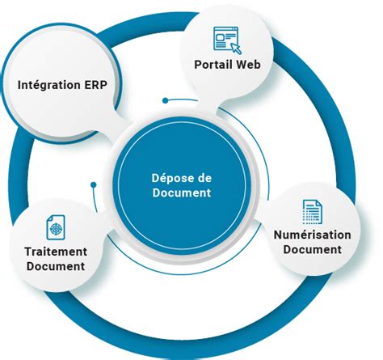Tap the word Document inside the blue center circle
click(x=182, y=193)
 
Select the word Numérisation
click(x=311, y=235)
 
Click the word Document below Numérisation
click(x=312, y=249)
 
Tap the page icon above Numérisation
click(x=311, y=211)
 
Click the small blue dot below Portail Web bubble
click(x=166, y=101)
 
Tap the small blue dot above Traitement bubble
click(x=94, y=185)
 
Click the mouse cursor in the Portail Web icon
click(x=234, y=44)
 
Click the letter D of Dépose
click(x=155, y=178)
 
